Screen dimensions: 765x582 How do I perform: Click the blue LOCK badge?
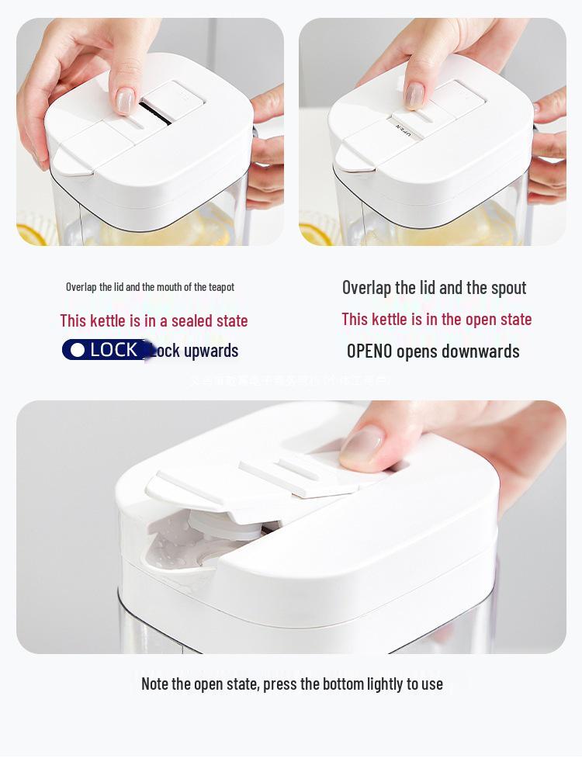(x=106, y=350)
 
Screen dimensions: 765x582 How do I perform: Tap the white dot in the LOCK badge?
(x=77, y=351)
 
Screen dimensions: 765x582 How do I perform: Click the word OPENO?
(x=369, y=351)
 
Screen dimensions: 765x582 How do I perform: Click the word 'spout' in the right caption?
(x=508, y=288)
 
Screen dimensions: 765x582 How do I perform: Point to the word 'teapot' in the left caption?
(x=221, y=287)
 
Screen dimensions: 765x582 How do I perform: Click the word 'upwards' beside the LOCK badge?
(x=211, y=351)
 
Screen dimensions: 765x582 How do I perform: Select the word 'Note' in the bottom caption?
(x=155, y=684)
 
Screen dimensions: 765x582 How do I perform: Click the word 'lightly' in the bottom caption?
(x=380, y=684)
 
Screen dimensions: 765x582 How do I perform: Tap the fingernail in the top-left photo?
(x=125, y=100)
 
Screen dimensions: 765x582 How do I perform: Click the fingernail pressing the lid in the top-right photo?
(x=414, y=95)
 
